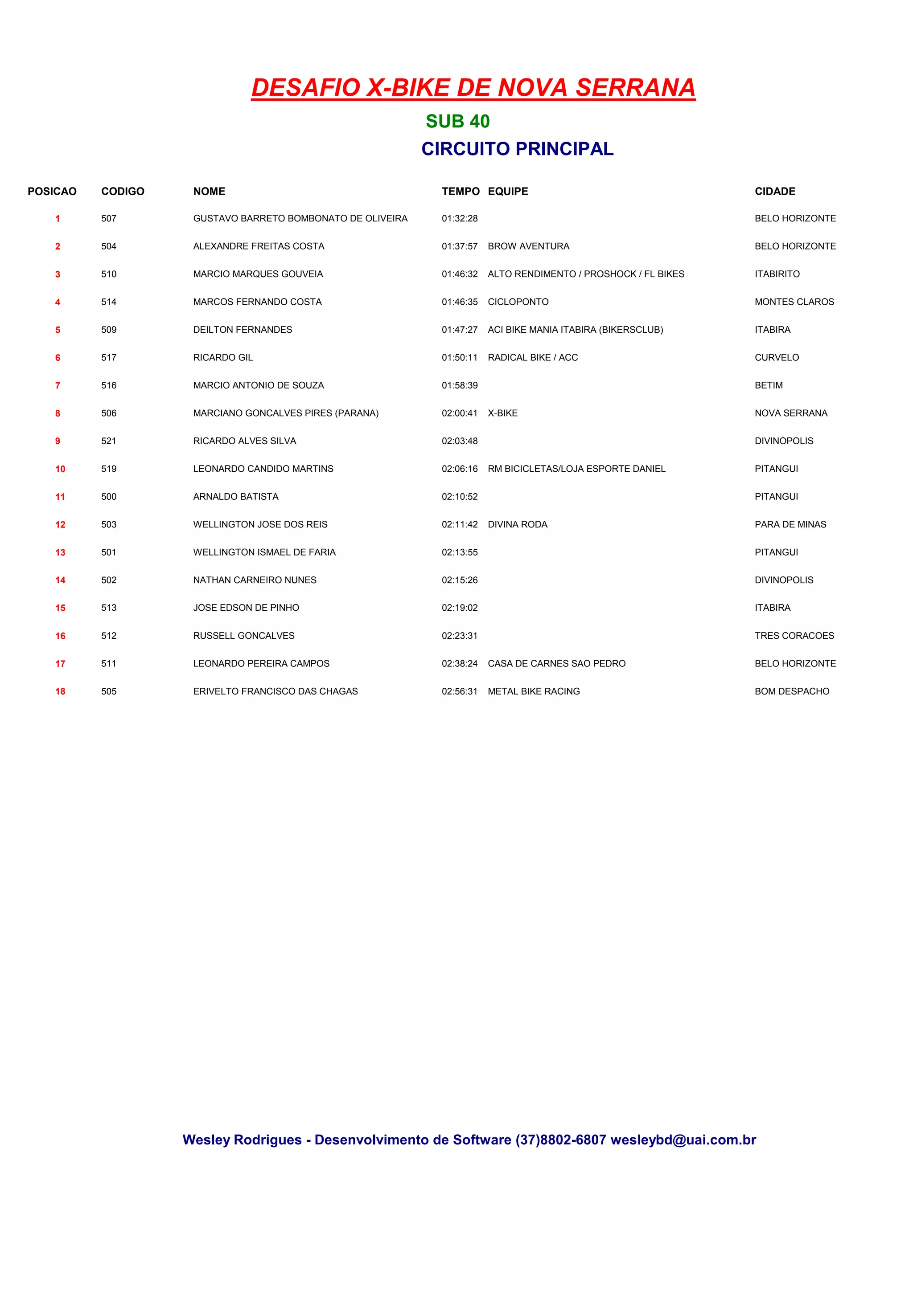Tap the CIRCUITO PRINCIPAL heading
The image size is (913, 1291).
click(x=517, y=148)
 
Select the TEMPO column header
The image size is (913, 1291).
click(x=460, y=191)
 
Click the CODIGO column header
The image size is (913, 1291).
click(x=123, y=191)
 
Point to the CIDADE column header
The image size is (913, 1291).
click(x=775, y=191)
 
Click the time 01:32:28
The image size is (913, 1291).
click(x=459, y=218)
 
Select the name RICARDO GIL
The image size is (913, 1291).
click(x=223, y=358)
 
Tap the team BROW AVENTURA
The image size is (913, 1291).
click(x=528, y=246)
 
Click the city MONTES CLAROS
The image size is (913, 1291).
click(x=794, y=302)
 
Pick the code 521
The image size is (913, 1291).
click(x=109, y=441)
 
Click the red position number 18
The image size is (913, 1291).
click(x=60, y=691)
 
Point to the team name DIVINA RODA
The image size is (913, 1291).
click(x=517, y=525)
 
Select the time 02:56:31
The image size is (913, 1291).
click(x=459, y=691)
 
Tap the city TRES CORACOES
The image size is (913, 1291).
click(x=794, y=636)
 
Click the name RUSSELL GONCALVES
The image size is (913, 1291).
click(x=243, y=636)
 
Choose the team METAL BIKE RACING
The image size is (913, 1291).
click(x=533, y=691)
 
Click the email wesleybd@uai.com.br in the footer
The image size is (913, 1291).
click(x=683, y=1140)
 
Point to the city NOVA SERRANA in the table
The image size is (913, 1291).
click(x=790, y=413)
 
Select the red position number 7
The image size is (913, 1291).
click(x=58, y=386)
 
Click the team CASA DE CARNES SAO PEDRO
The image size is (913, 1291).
click(x=556, y=663)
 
